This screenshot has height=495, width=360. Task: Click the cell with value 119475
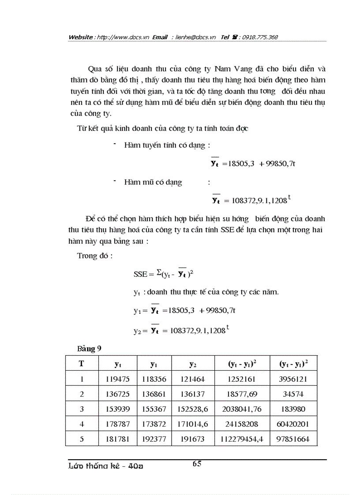[118, 379]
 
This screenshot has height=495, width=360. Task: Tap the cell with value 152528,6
[193, 409]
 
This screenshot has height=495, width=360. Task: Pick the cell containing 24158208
[242, 424]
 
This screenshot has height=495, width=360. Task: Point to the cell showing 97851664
[294, 439]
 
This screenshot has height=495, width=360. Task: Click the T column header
[82, 364]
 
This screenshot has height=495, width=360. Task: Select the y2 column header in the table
[193, 364]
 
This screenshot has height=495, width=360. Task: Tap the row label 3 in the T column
[82, 409]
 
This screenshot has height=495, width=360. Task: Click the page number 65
[197, 463]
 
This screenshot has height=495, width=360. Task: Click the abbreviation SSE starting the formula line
[141, 274]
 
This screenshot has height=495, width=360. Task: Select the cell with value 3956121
[294, 379]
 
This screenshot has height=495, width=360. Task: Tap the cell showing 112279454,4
[242, 439]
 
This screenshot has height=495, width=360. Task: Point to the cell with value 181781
[118, 439]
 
